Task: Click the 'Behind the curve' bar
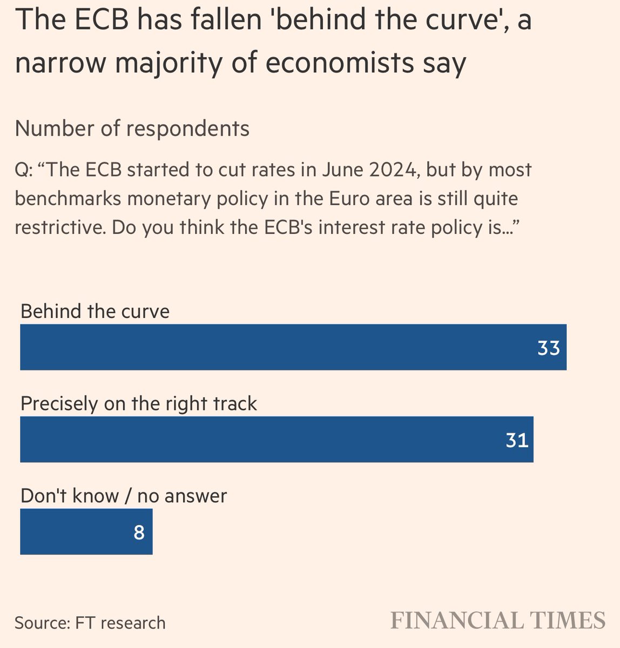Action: [293, 347]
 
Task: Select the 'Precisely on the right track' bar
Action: [277, 440]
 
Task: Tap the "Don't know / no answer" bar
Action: [86, 532]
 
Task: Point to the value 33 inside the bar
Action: [548, 348]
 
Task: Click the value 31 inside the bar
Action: [517, 441]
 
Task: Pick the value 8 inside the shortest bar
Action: [139, 533]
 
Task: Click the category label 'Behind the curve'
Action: [95, 312]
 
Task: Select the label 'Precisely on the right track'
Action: [139, 404]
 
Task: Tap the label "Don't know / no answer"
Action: [124, 496]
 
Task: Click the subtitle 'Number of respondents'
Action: [132, 129]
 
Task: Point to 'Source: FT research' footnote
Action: [90, 623]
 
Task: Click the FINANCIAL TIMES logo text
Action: [497, 620]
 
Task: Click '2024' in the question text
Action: [392, 170]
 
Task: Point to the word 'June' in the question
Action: [339, 170]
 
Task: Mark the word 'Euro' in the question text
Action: [356, 199]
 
